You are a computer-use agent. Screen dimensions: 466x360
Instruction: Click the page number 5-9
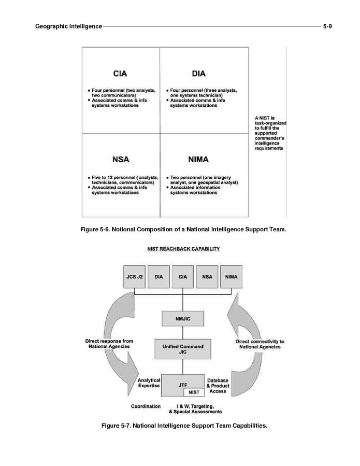327,26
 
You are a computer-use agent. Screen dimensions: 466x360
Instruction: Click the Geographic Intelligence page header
68,26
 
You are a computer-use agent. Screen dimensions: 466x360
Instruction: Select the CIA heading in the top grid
120,74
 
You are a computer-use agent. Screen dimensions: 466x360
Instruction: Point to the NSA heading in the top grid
120,160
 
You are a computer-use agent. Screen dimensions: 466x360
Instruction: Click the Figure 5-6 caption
183,229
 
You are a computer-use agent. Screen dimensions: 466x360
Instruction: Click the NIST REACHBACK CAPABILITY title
183,249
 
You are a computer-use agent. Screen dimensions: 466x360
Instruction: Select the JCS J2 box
135,277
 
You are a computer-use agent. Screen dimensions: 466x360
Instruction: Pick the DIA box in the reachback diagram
159,277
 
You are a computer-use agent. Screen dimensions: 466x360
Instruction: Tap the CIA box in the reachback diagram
183,277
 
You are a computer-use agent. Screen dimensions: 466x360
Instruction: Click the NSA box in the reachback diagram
207,277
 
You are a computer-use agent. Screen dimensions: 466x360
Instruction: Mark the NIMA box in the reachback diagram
231,277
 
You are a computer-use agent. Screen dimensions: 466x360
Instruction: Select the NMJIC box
183,318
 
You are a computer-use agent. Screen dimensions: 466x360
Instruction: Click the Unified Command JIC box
183,348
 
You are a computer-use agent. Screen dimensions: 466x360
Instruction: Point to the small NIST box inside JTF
194,392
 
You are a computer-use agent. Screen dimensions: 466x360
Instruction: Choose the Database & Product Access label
218,386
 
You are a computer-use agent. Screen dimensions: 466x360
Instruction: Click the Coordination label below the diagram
146,406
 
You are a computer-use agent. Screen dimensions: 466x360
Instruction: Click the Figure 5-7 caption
183,426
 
